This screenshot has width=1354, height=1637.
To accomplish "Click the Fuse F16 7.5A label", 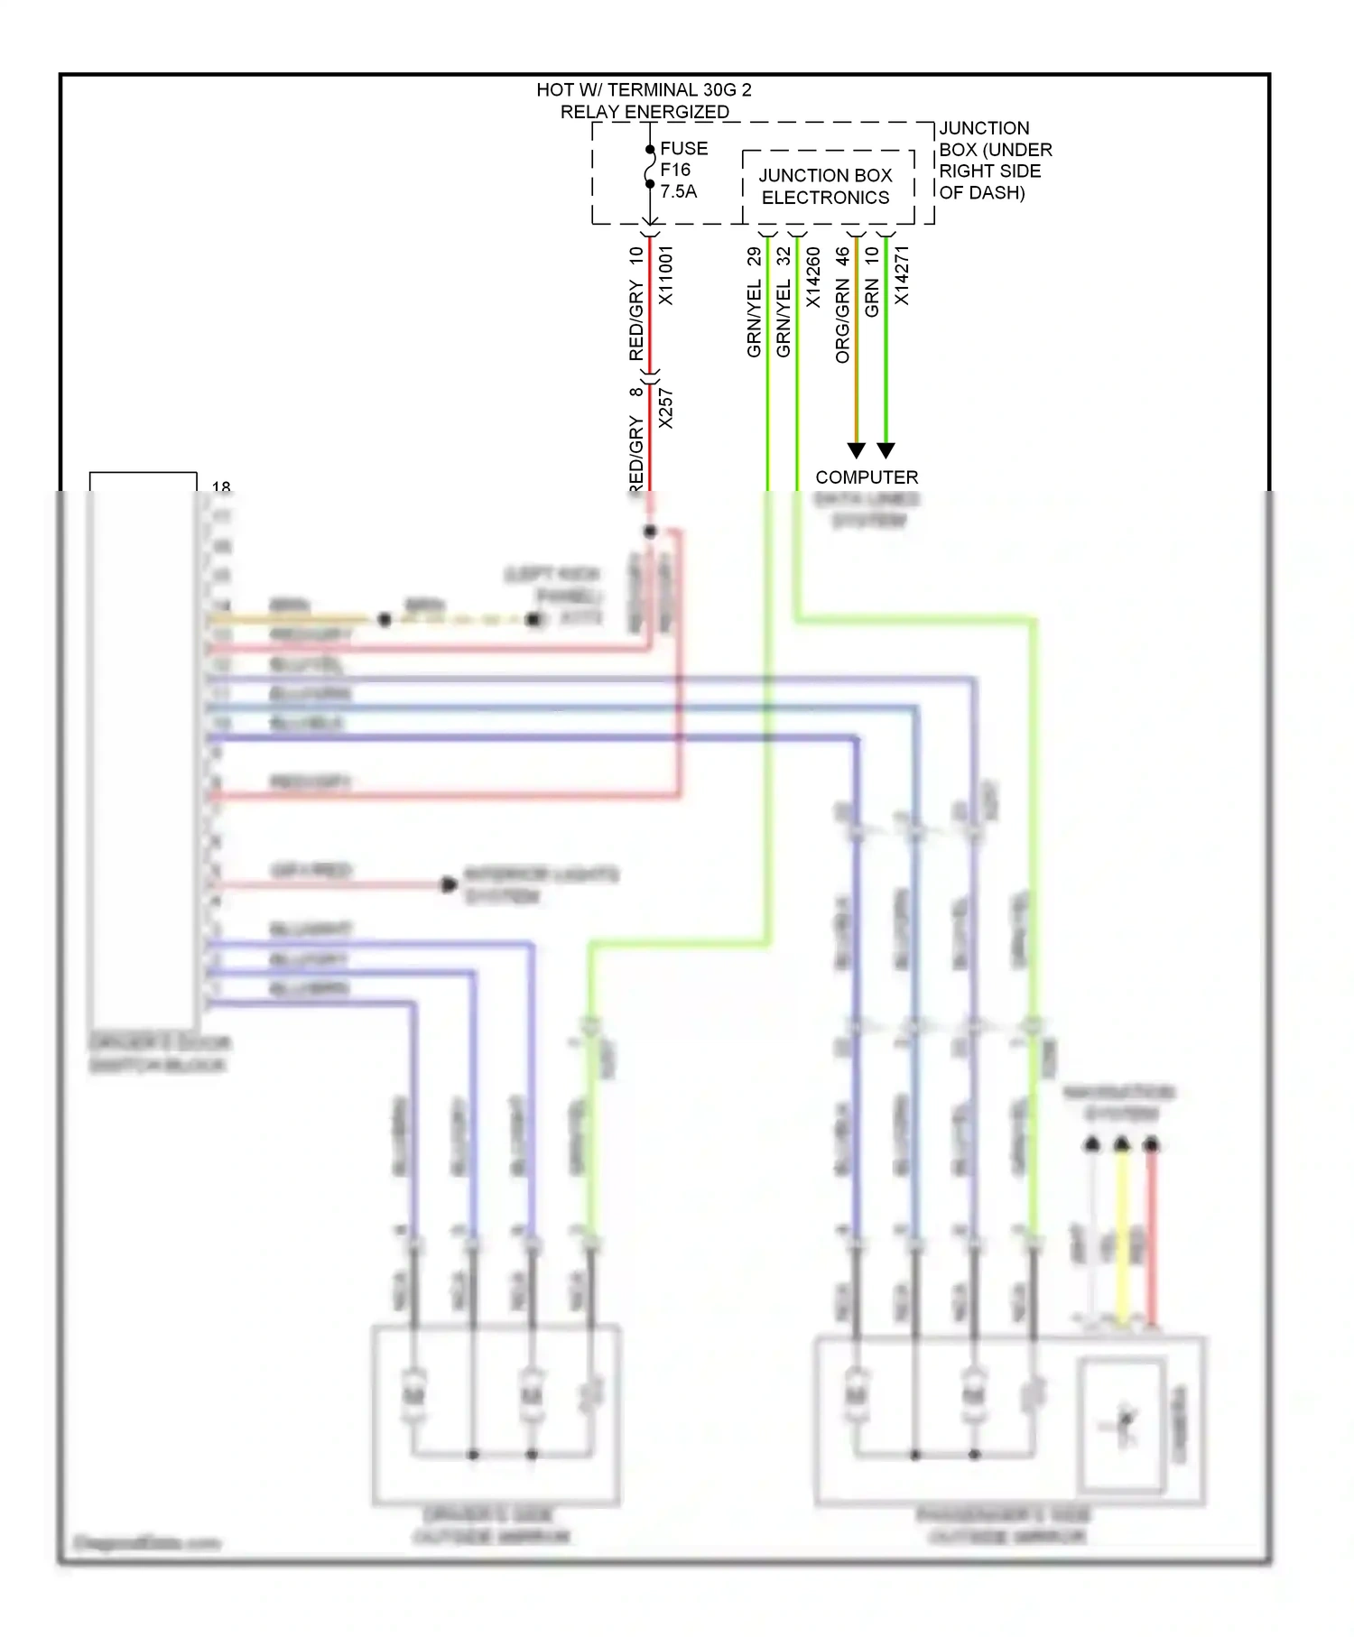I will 683,170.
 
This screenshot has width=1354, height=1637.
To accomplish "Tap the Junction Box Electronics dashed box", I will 826,187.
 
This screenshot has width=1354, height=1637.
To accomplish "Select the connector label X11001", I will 666,275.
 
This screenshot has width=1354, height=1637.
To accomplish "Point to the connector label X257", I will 666,409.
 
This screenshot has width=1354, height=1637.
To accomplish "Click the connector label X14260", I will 812,277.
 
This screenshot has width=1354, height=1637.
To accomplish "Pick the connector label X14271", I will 901,275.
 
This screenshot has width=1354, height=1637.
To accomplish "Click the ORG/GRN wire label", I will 842,320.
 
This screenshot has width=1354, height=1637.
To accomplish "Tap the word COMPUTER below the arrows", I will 867,477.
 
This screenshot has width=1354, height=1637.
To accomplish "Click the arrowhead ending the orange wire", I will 857,449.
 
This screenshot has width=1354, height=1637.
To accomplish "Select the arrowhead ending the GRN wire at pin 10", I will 886,449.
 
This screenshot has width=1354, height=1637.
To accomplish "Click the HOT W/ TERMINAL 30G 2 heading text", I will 644,90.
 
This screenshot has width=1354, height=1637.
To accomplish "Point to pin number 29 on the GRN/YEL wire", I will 754,256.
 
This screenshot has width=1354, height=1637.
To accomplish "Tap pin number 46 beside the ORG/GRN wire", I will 842,257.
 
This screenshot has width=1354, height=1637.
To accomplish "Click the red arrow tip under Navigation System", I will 1151,1144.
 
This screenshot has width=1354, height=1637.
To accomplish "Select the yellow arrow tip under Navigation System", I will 1121,1144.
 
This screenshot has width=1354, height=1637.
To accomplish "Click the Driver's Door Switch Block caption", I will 159,1053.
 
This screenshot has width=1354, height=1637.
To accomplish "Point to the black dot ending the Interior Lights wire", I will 449,884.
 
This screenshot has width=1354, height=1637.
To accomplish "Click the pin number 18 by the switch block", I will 221,487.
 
